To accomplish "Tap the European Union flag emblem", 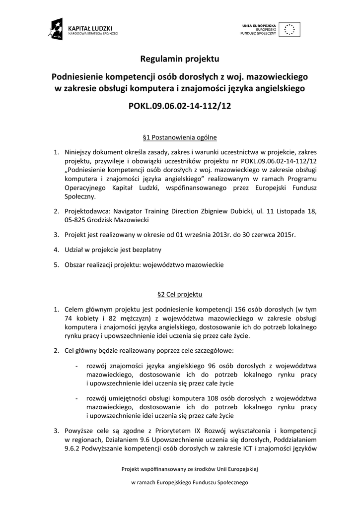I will coord(289,29).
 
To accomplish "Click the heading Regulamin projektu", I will coord(180,59).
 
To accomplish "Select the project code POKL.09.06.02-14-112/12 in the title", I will coord(180,106).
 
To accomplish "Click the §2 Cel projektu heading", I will coord(180,295).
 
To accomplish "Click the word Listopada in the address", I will coord(291,211).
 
